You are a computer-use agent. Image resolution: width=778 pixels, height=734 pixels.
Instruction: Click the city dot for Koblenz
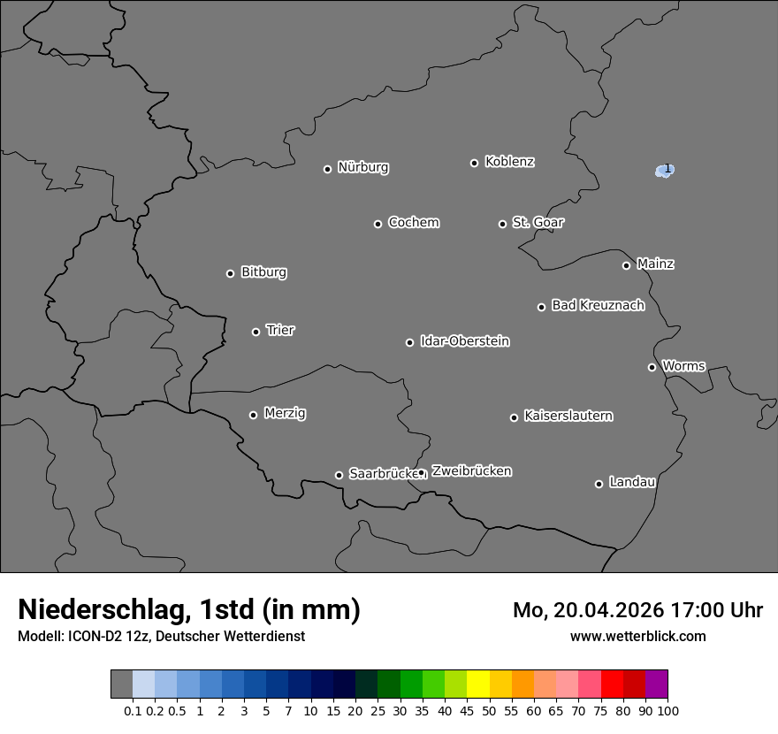pyautogui.click(x=474, y=163)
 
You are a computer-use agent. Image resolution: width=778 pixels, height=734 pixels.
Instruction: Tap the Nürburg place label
pyautogui.click(x=362, y=167)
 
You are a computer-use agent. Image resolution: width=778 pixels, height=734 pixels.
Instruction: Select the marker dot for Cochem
pyautogui.click(x=378, y=224)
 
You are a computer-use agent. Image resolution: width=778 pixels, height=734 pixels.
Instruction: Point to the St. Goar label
pyautogui.click(x=538, y=222)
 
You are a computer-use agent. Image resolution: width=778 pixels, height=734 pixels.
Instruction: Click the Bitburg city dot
pyautogui.click(x=230, y=273)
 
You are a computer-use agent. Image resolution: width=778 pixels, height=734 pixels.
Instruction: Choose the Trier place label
pyautogui.click(x=280, y=330)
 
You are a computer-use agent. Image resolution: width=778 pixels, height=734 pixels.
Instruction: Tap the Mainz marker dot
pyautogui.click(x=626, y=265)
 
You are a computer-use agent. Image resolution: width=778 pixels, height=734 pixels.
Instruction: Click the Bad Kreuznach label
pyautogui.click(x=598, y=305)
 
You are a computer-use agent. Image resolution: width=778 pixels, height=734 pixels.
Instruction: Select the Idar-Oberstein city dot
pyautogui.click(x=409, y=342)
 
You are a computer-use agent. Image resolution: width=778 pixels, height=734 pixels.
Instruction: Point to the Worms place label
pyautogui.click(x=683, y=365)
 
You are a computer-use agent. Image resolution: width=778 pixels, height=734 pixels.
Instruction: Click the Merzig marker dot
pyautogui.click(x=253, y=415)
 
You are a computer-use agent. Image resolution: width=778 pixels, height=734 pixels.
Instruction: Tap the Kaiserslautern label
pyautogui.click(x=568, y=416)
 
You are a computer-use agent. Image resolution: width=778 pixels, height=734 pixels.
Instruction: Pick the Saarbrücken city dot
pyautogui.click(x=339, y=475)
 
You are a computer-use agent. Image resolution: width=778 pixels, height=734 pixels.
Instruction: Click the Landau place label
pyautogui.click(x=632, y=482)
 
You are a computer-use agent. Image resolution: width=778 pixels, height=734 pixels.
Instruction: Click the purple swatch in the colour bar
pyautogui.click(x=657, y=684)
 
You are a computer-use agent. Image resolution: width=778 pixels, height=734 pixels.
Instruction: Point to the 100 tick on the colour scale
pyautogui.click(x=667, y=710)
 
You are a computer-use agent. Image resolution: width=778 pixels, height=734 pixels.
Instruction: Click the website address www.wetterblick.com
pyautogui.click(x=637, y=636)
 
